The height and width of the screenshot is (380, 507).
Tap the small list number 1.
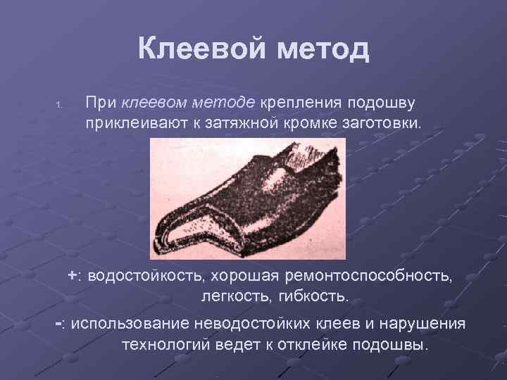pyautogui.click(x=60, y=107)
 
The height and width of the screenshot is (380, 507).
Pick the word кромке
pyautogui.click(x=306, y=125)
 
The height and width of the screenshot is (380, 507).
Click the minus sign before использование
pyautogui.click(x=59, y=323)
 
